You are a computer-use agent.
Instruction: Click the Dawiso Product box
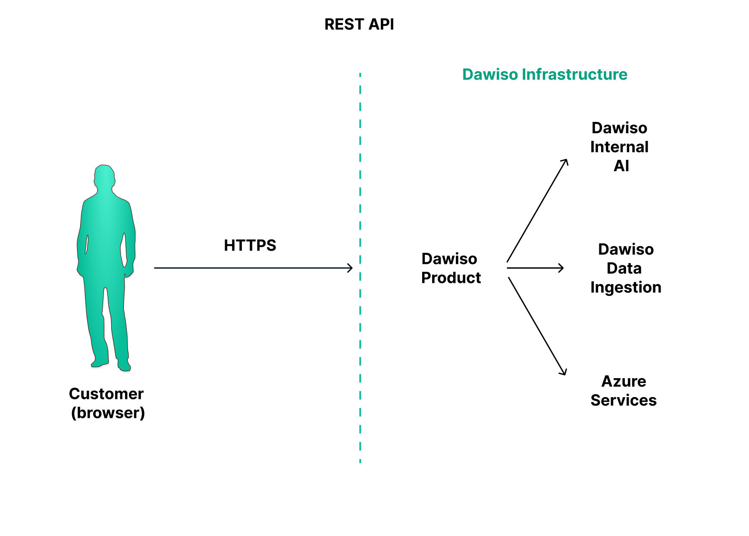[451, 268]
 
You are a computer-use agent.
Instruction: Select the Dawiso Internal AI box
[621, 147]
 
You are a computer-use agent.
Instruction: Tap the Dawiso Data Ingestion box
[626, 268]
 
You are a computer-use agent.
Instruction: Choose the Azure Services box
[623, 390]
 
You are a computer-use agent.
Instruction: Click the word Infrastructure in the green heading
[574, 75]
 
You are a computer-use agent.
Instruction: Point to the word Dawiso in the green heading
[490, 75]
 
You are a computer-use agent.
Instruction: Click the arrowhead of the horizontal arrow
[351, 268]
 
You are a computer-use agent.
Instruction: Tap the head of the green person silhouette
[104, 176]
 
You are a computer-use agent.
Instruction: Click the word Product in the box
[451, 278]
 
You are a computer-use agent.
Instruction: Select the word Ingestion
[626, 287]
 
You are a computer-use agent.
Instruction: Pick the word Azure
[624, 381]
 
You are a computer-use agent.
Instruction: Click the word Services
[624, 400]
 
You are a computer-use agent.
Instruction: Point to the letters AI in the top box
[621, 166]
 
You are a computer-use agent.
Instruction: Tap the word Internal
[619, 147]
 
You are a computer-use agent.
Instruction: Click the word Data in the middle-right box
[624, 268]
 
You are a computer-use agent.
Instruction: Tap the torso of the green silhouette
[106, 233]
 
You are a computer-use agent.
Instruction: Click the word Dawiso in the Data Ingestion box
[626, 249]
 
